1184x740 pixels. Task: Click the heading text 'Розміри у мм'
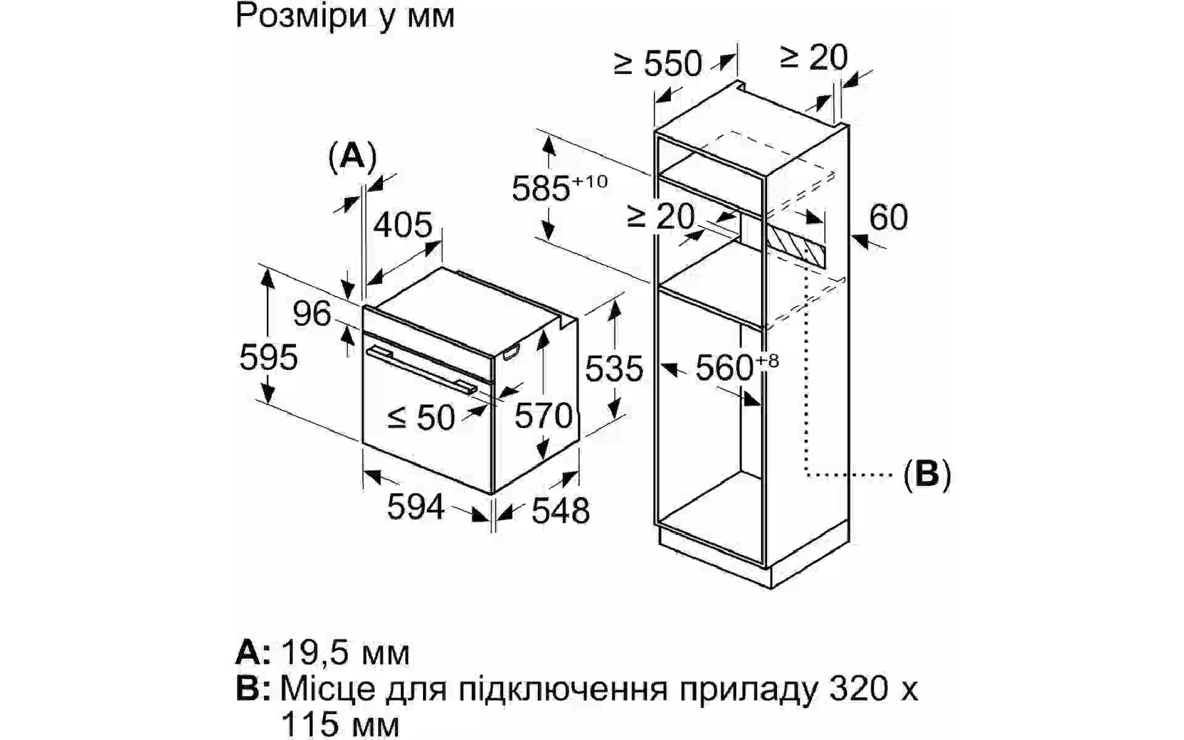click(x=345, y=16)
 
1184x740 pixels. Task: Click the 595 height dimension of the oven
click(x=269, y=357)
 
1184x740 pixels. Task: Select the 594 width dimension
click(x=416, y=507)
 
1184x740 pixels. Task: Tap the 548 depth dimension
click(x=561, y=511)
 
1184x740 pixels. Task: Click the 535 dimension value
click(x=614, y=369)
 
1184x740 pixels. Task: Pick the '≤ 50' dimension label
click(x=421, y=417)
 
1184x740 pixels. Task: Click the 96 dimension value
click(x=312, y=313)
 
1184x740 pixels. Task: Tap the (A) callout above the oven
click(x=352, y=156)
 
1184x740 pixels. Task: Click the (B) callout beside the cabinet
click(x=927, y=474)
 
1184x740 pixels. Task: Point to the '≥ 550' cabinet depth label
click(x=658, y=64)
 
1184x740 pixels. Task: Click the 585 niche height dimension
click(x=560, y=187)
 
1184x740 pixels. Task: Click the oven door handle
click(x=422, y=369)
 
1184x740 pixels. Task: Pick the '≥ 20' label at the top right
click(x=814, y=57)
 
